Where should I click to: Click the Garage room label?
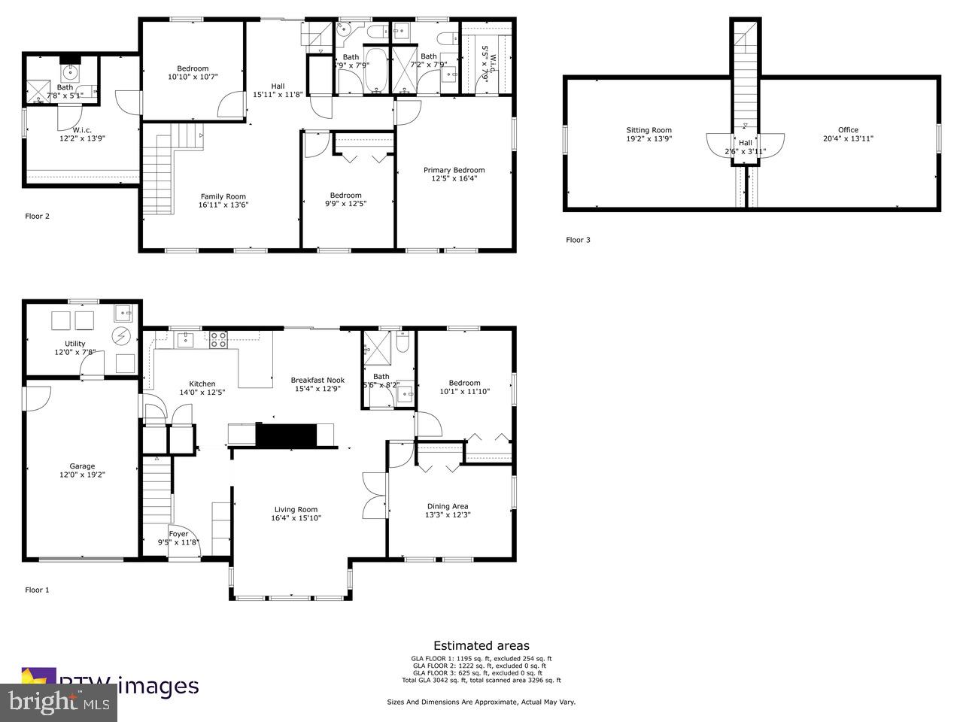coord(83,466)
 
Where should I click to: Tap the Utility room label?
coord(75,344)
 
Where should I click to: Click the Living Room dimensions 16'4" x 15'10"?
coord(296,518)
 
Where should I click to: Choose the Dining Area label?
coord(448,506)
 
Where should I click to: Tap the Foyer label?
coord(178,534)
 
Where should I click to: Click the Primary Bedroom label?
coord(454,170)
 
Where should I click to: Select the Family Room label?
coord(223,196)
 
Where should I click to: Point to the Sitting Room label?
coord(649,130)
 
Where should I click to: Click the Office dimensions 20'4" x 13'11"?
coord(848,138)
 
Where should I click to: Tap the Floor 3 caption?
coord(578,240)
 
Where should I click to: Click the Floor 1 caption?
coord(37,590)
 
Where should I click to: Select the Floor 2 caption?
coord(37,216)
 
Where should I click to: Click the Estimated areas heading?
coord(481,645)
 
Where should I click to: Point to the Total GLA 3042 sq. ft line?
coord(481,680)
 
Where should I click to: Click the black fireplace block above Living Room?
coord(286,435)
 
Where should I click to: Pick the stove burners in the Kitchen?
coord(218,339)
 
